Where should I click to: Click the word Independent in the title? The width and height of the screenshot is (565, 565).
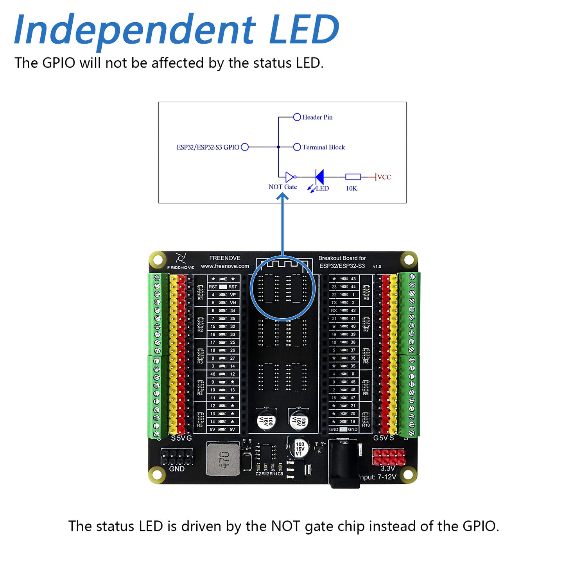(135, 30)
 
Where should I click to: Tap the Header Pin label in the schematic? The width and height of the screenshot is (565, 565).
(317, 117)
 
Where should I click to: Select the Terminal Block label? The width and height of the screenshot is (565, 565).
(323, 147)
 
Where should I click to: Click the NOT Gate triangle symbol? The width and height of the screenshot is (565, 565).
(290, 177)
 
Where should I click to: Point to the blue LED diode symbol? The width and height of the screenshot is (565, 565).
(319, 177)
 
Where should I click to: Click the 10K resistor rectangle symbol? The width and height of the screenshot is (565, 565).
(353, 177)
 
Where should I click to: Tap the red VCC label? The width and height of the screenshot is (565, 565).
(384, 177)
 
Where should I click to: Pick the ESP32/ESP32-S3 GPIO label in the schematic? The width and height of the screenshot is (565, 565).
(208, 147)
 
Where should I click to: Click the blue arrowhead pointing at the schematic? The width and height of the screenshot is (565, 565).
(282, 197)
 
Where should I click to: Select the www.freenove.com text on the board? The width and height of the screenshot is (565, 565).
(225, 266)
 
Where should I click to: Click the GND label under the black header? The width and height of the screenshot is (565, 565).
(177, 469)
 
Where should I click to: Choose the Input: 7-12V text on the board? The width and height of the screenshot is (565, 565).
(378, 477)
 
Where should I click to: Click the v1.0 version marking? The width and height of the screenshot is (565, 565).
(377, 266)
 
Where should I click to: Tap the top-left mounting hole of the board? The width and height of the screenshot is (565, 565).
(158, 260)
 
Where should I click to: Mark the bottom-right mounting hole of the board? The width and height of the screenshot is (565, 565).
(408, 474)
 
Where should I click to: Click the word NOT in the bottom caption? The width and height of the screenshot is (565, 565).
(286, 526)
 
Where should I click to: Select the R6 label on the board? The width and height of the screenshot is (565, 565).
(366, 298)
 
